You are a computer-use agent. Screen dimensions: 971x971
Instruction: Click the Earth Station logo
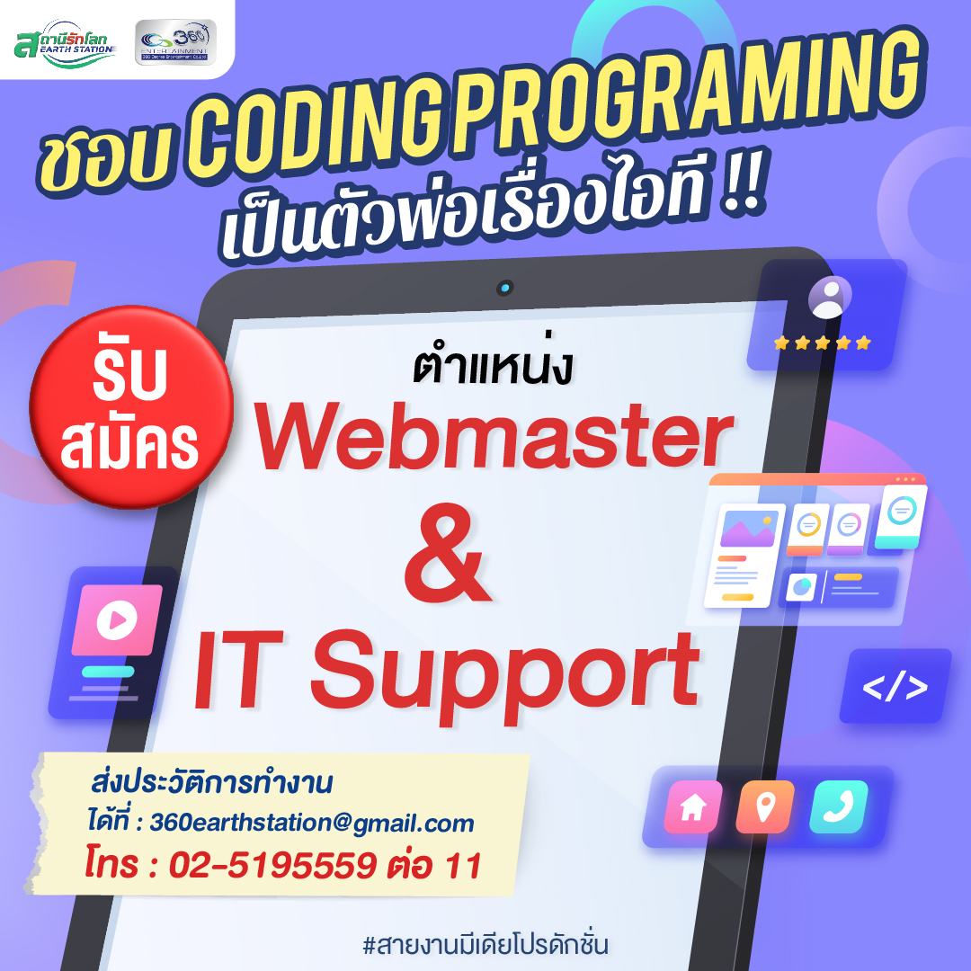click(x=65, y=43)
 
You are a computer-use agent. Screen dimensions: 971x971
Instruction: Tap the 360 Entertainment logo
click(x=176, y=42)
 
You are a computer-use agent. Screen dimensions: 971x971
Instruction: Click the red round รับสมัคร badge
click(x=131, y=407)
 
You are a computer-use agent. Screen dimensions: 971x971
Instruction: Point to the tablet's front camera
click(x=505, y=288)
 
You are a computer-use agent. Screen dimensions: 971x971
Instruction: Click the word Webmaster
click(x=494, y=435)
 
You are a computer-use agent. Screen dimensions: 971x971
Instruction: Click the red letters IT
click(x=238, y=670)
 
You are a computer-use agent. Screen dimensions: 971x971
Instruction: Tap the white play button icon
click(x=116, y=619)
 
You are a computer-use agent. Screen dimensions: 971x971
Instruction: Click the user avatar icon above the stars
click(x=830, y=298)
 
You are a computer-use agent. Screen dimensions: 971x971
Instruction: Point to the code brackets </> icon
click(x=895, y=686)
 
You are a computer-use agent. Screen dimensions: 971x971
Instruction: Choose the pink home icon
click(x=693, y=806)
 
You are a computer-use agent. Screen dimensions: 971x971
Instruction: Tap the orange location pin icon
click(x=765, y=806)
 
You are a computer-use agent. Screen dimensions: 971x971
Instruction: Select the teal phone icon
click(x=839, y=806)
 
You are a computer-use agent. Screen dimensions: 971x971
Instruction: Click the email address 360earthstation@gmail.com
click(x=312, y=823)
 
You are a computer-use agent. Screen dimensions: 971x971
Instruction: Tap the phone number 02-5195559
click(x=272, y=865)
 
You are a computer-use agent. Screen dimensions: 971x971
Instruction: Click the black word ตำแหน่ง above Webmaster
click(x=493, y=367)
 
